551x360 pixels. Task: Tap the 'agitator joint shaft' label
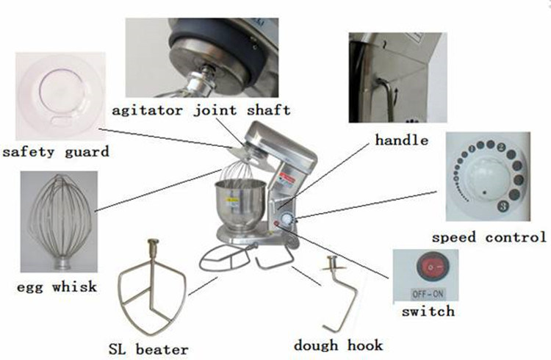click(x=200, y=110)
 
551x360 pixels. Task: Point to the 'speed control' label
click(x=489, y=237)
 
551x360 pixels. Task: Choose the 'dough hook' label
click(x=339, y=345)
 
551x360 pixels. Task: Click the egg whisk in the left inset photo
click(x=59, y=220)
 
